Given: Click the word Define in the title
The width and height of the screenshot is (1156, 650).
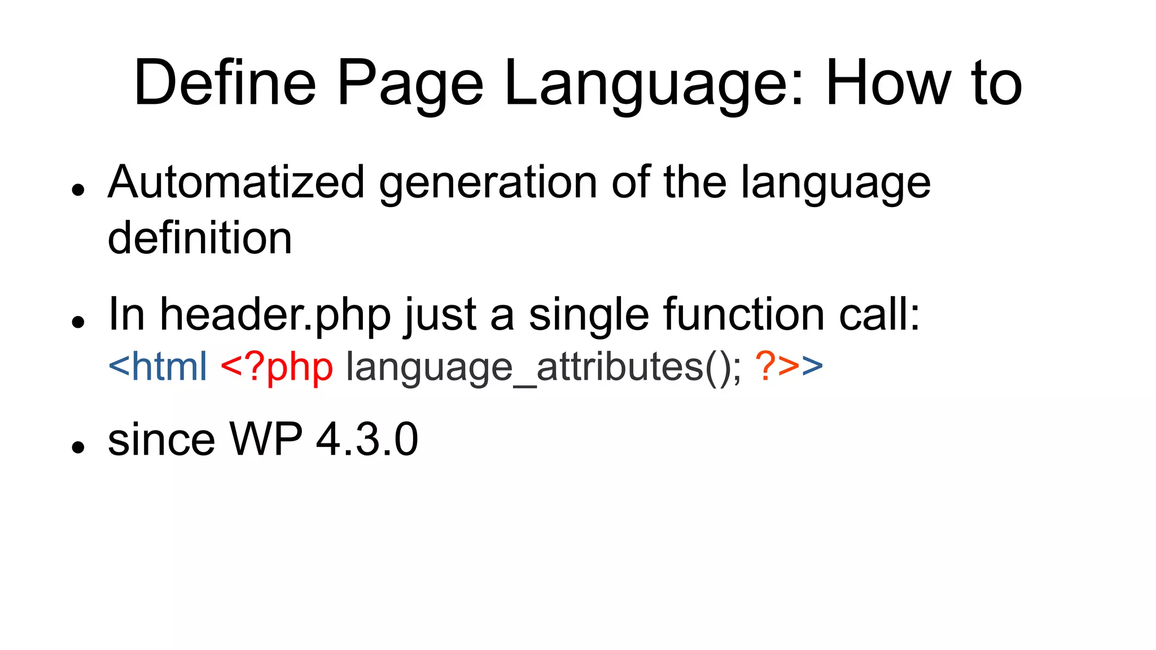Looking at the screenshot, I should click(225, 84).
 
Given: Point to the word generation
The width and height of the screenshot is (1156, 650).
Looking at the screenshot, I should click(488, 184).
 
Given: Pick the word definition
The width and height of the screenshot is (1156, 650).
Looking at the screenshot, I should click(200, 238).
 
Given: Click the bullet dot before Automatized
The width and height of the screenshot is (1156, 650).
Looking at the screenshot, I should click(78, 190).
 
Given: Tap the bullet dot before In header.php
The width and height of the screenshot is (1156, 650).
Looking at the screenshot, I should click(78, 322).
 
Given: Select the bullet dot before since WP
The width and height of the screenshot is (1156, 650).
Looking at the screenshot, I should click(78, 447).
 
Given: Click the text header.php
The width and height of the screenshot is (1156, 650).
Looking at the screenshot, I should click(275, 315).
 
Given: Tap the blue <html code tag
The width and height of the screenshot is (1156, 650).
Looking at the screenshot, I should click(157, 366).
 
